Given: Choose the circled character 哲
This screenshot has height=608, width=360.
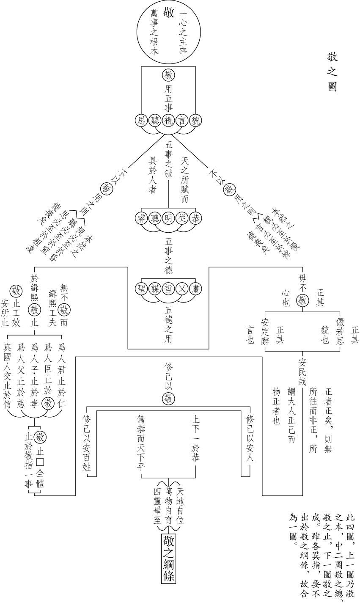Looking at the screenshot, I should [168, 289].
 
